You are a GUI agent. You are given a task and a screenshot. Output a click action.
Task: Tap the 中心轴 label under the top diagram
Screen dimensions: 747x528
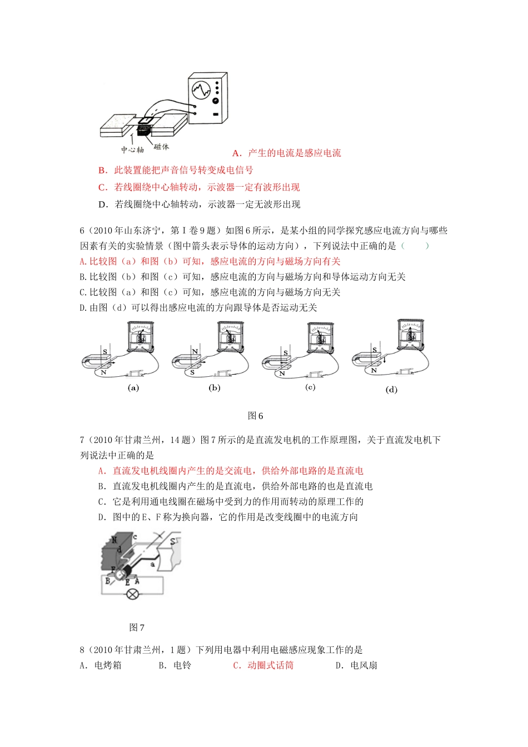[x=132, y=150]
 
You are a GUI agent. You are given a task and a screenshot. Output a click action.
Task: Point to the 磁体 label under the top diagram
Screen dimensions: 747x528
[x=162, y=146]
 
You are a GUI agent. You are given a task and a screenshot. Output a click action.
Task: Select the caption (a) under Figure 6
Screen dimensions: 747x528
[x=133, y=388]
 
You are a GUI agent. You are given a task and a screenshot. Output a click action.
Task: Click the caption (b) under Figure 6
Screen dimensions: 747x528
[x=215, y=388]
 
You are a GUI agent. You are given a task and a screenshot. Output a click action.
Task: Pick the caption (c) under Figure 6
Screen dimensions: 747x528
[x=310, y=387]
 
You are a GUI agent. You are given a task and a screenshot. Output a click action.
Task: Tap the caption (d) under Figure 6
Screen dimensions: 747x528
[x=391, y=390]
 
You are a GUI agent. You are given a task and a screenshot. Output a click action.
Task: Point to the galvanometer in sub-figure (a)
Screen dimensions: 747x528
[x=141, y=337]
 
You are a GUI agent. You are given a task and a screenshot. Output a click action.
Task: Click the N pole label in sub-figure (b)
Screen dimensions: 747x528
[x=195, y=352]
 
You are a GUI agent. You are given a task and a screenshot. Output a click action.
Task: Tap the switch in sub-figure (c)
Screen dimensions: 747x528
[x=311, y=374]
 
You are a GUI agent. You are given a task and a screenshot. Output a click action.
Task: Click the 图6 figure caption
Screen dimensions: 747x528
[x=255, y=416]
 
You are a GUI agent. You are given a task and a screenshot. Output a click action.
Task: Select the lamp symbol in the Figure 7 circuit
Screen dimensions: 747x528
[x=132, y=594]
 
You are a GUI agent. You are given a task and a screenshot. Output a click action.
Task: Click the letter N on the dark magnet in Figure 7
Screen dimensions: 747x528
[x=114, y=540]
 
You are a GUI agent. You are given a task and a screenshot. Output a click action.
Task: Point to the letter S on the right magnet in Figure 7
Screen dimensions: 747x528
[x=173, y=541]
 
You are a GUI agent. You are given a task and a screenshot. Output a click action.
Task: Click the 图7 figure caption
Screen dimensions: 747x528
[x=137, y=628]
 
